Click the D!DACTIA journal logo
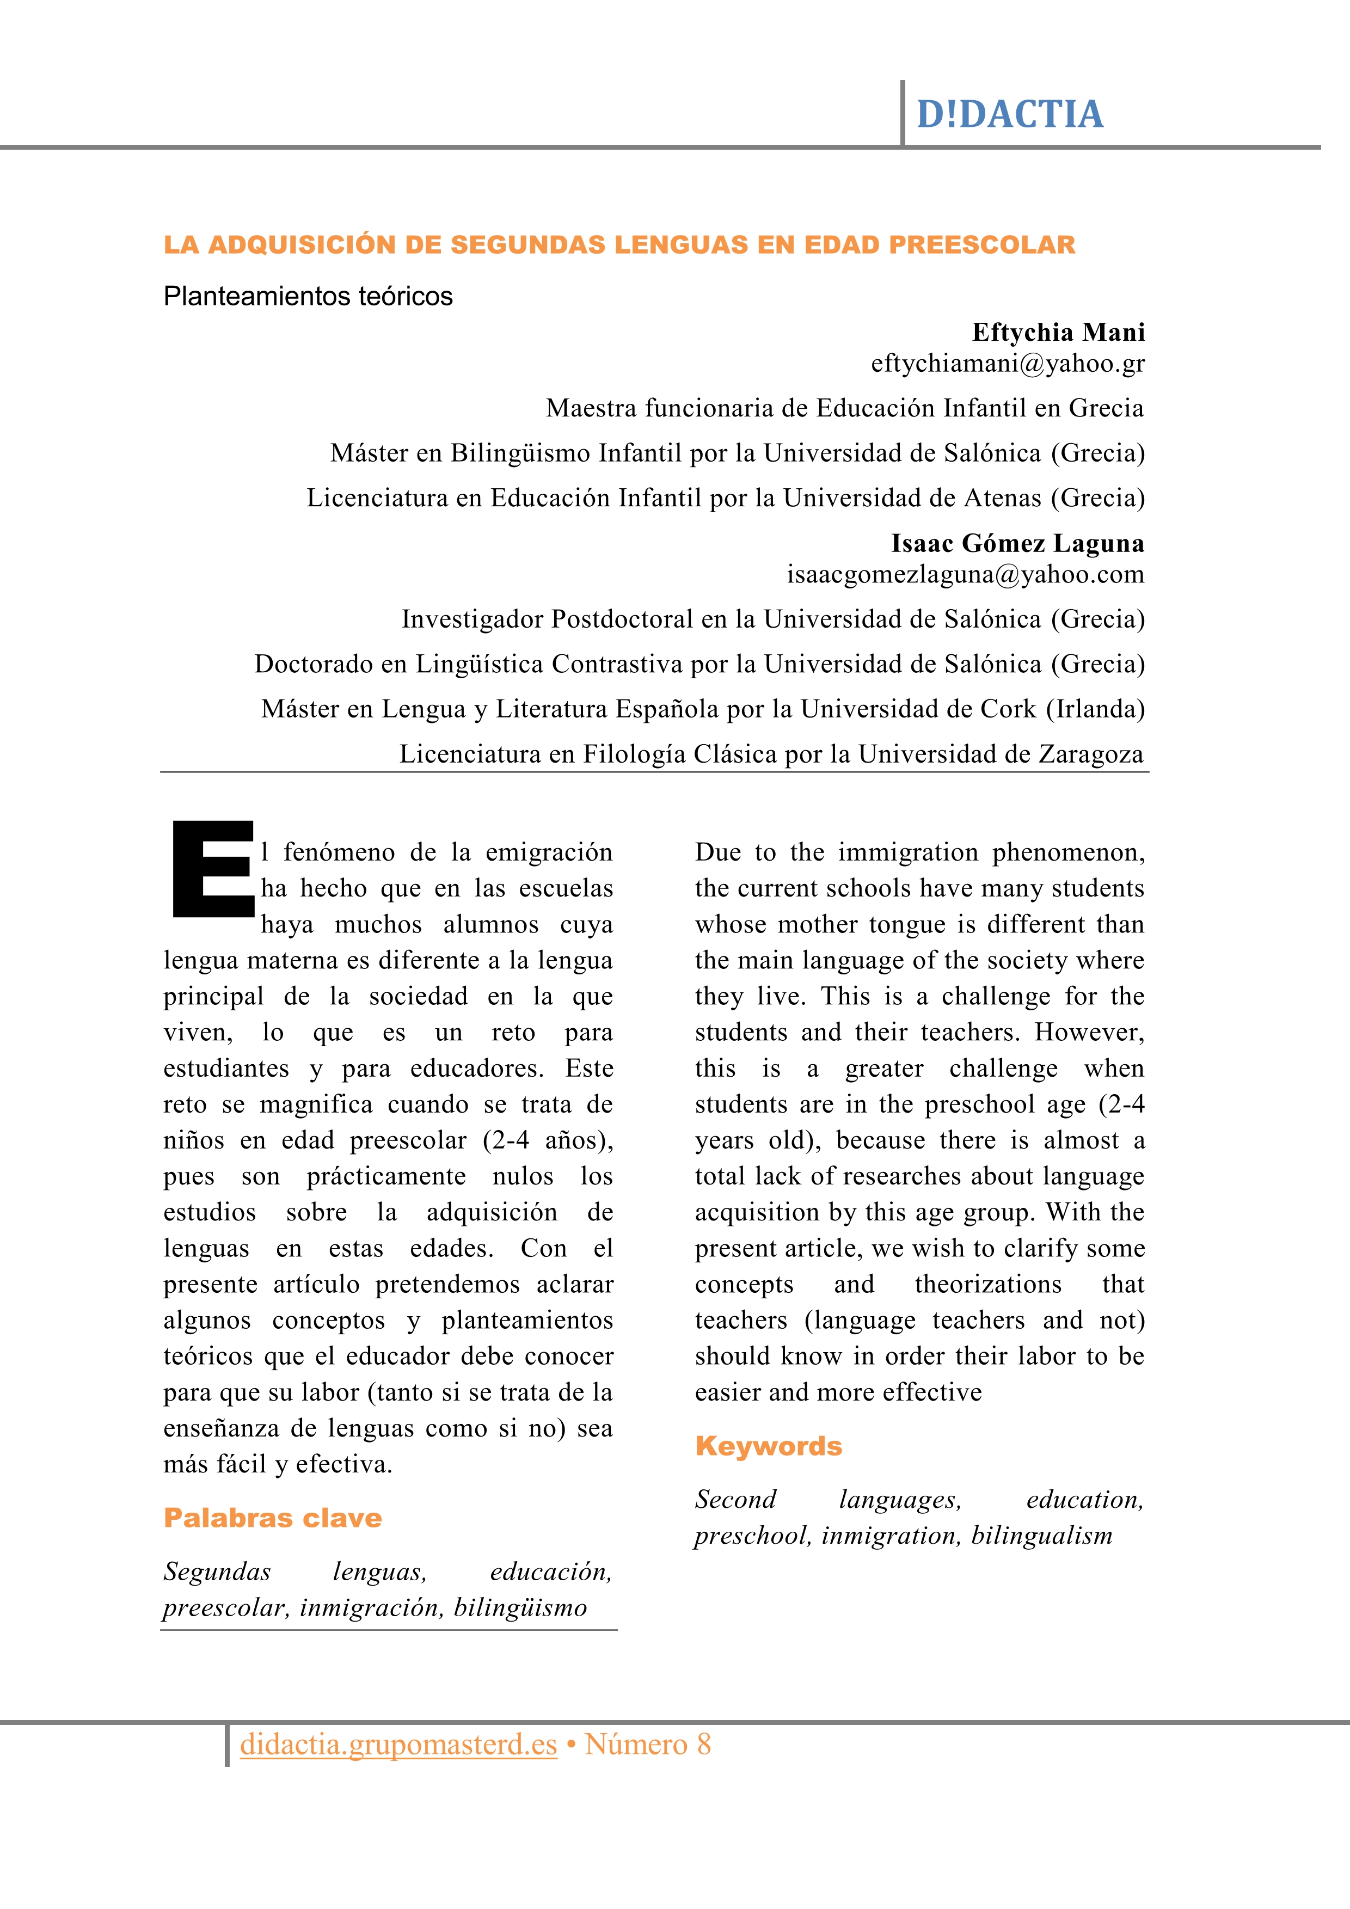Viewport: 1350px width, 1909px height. point(1009,115)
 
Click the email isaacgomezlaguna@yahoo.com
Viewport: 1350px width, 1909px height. point(965,574)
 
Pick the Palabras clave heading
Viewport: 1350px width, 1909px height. point(273,1518)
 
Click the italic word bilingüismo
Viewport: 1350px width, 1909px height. point(520,1608)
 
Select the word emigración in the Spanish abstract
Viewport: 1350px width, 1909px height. point(549,853)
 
